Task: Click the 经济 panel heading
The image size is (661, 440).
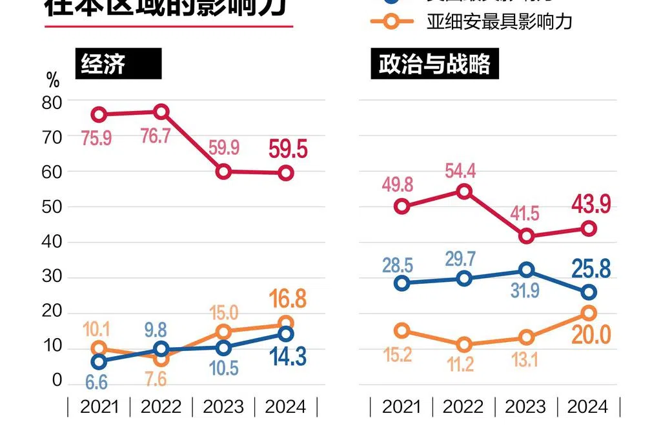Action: [x=103, y=65]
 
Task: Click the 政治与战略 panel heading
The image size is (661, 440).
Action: [x=434, y=65]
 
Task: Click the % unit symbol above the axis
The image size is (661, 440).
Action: [x=53, y=81]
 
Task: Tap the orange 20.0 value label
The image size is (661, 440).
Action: [x=590, y=335]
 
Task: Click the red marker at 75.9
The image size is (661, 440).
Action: [x=99, y=115]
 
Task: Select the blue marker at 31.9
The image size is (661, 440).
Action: [x=527, y=270]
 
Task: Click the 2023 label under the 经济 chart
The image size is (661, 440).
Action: [x=223, y=406]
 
